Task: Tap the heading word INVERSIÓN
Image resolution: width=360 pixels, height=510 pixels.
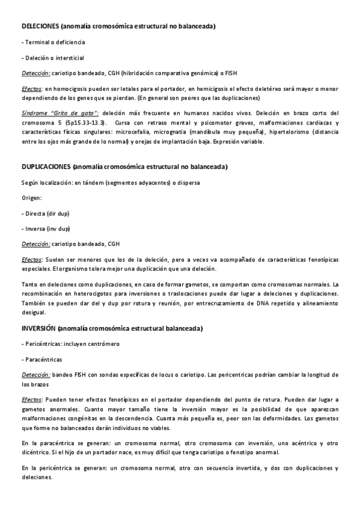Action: point(39,328)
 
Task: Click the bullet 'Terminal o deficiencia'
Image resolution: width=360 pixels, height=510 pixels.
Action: point(53,43)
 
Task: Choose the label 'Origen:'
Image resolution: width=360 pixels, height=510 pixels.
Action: point(32,197)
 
